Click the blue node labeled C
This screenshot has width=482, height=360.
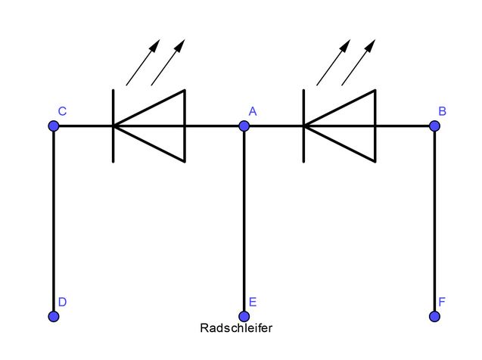(54, 126)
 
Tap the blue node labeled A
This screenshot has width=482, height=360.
(244, 126)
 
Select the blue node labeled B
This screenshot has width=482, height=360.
(434, 126)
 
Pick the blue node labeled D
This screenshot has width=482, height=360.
(54, 316)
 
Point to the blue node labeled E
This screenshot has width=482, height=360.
(244, 316)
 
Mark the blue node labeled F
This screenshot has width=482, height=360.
(434, 316)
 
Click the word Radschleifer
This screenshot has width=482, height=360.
(236, 329)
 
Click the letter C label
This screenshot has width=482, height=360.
(62, 111)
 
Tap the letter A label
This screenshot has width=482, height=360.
(253, 111)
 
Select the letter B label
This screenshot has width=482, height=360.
(443, 111)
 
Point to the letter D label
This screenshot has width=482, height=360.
(62, 302)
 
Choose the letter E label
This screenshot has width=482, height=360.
(253, 302)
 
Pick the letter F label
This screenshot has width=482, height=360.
(443, 302)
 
